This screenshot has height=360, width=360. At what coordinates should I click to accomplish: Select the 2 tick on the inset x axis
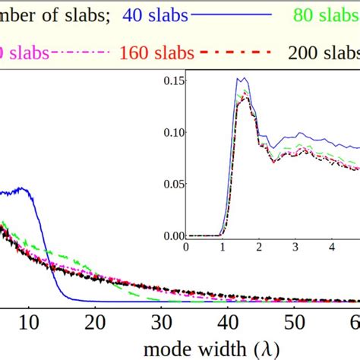click(259, 247)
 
